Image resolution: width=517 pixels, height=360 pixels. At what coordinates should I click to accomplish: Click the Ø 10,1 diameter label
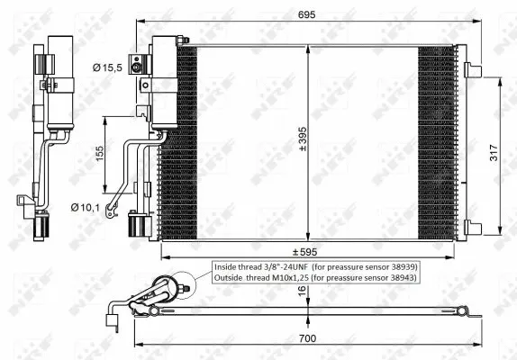84,208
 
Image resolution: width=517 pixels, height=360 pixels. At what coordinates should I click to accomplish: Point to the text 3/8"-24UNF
285,268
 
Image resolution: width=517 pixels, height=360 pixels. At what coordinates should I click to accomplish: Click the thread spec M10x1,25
290,280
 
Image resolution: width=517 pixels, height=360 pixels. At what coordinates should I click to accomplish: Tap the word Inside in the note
226,268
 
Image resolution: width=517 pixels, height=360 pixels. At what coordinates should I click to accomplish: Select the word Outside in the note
230,280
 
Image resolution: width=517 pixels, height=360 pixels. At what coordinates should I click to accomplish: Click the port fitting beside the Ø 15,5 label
137,65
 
